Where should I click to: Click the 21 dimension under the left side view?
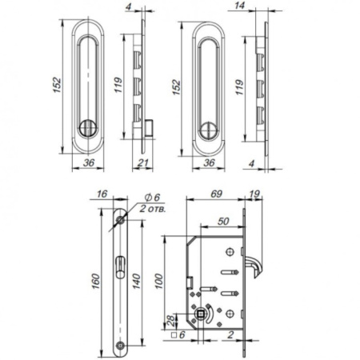pos(142,162)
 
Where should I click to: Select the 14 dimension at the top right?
pos(240,6)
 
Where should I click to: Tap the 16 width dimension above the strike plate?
pos(102,194)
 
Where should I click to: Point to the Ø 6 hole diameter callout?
pos(152,198)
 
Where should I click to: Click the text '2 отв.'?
pos(153,209)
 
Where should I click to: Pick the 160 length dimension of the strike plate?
pos(96,281)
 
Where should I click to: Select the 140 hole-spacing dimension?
pos(136,281)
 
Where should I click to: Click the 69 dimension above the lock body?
pos(216,194)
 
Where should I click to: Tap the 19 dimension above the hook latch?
pos(254,194)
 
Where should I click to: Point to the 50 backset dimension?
pos(223,222)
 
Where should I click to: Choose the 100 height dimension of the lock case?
pos(159,281)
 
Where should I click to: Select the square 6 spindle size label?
pos(178,334)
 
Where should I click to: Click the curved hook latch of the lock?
pos(255,266)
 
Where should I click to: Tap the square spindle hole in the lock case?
pos(201,314)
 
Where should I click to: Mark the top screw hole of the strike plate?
pos(122,221)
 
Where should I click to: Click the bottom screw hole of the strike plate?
pos(121,345)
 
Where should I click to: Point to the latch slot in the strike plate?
pos(121,267)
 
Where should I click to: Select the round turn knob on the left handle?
pos(86,127)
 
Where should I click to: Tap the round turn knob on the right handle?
pos(207,130)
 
